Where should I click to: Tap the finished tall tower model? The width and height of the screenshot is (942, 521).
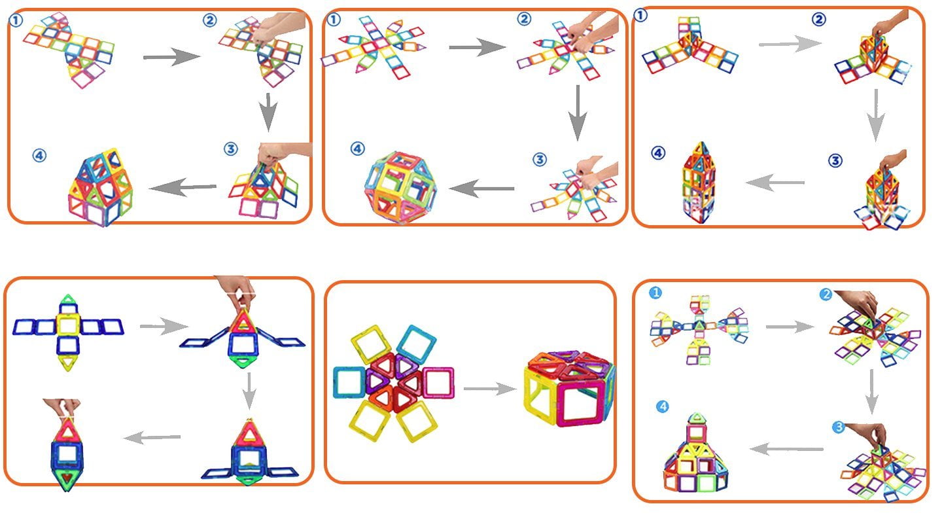[x=699, y=183]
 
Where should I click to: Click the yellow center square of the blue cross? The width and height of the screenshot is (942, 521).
[x=67, y=325]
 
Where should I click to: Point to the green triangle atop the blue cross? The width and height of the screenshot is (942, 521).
[x=67, y=303]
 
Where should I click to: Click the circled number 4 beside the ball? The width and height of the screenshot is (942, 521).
[x=357, y=149]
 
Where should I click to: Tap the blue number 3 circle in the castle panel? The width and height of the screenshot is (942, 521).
[x=838, y=427]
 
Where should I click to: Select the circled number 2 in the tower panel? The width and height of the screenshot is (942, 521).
[x=818, y=20]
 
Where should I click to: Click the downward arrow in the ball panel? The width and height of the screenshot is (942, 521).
[x=576, y=111]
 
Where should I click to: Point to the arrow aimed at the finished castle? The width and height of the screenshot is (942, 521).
[x=785, y=449]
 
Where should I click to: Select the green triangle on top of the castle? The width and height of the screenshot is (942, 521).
[x=698, y=417]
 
